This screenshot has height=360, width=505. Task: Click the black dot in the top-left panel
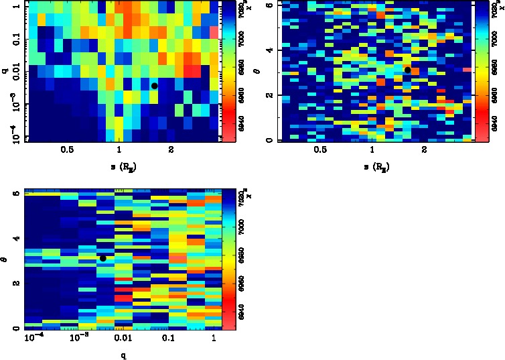coord(154,86)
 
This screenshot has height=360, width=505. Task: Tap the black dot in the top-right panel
coord(407,70)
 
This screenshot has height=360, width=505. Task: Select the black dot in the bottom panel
coord(103,258)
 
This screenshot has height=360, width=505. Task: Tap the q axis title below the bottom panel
coord(123,355)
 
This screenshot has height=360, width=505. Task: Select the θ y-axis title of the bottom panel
coord(6,258)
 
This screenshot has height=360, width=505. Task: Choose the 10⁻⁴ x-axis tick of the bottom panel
coord(34,338)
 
